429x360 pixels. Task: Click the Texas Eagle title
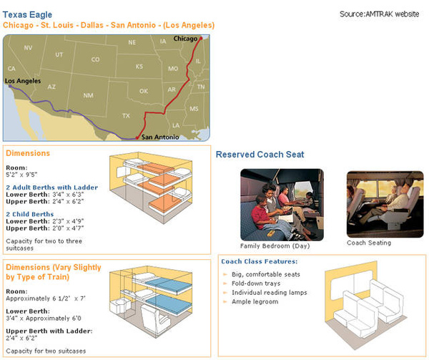(27, 15)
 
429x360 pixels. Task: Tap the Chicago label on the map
(185, 39)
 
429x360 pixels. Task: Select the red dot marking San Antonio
(137, 138)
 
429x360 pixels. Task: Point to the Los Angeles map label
(23, 81)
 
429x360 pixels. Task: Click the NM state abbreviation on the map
(88, 95)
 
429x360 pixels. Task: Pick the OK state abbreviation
(144, 91)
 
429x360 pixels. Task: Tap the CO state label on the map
(96, 59)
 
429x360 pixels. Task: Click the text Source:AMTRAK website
(379, 14)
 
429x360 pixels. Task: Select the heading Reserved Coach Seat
(260, 155)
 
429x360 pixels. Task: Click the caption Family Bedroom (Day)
(275, 245)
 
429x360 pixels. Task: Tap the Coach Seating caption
(369, 243)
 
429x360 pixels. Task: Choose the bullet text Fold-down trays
(256, 283)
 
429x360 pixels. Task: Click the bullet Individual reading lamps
(270, 293)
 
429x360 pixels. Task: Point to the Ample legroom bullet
(255, 302)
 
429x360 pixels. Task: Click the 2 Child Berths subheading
(30, 214)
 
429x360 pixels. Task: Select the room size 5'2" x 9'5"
(21, 175)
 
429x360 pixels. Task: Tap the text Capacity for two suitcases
(46, 351)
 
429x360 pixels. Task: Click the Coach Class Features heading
(259, 261)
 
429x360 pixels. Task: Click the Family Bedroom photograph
(282, 205)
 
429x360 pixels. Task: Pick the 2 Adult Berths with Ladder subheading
(52, 188)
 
